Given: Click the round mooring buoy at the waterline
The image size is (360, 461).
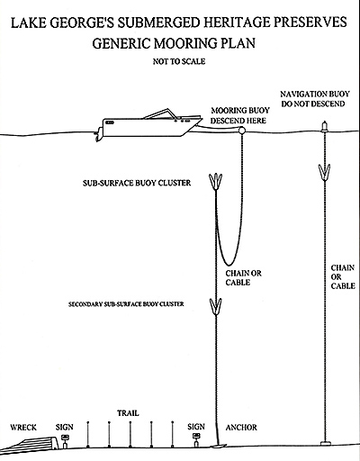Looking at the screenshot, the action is tap(241, 131).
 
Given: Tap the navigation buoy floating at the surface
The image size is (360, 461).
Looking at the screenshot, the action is tap(324, 126).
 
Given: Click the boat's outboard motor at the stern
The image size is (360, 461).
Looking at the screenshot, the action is tap(98, 136).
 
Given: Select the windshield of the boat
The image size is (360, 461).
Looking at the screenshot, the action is tap(158, 114).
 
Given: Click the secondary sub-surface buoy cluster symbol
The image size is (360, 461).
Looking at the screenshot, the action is tap(215, 306).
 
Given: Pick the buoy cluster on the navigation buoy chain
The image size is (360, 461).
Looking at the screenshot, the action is tap(324, 172).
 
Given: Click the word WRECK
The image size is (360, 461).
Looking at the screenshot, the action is tap(23, 428).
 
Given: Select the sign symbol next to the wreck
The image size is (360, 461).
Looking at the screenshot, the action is tap(64, 440).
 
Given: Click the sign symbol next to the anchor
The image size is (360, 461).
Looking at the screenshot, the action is tap(196, 440).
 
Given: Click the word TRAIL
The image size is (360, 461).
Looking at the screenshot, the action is tap(128, 413).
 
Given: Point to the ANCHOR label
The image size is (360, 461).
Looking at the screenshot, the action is tap(241, 428).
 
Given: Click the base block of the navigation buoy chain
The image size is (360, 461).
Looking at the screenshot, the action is tap(325, 443).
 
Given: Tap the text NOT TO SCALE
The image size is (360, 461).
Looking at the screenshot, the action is tap(179, 61).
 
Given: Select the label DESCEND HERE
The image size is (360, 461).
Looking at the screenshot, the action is tap(238, 121).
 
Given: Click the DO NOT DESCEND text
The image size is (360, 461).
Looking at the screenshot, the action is tap(313, 104).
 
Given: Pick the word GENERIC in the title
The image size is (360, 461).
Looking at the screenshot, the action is tap(121, 43).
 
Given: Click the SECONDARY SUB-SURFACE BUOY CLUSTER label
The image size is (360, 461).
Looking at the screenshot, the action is tap(126, 304).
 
